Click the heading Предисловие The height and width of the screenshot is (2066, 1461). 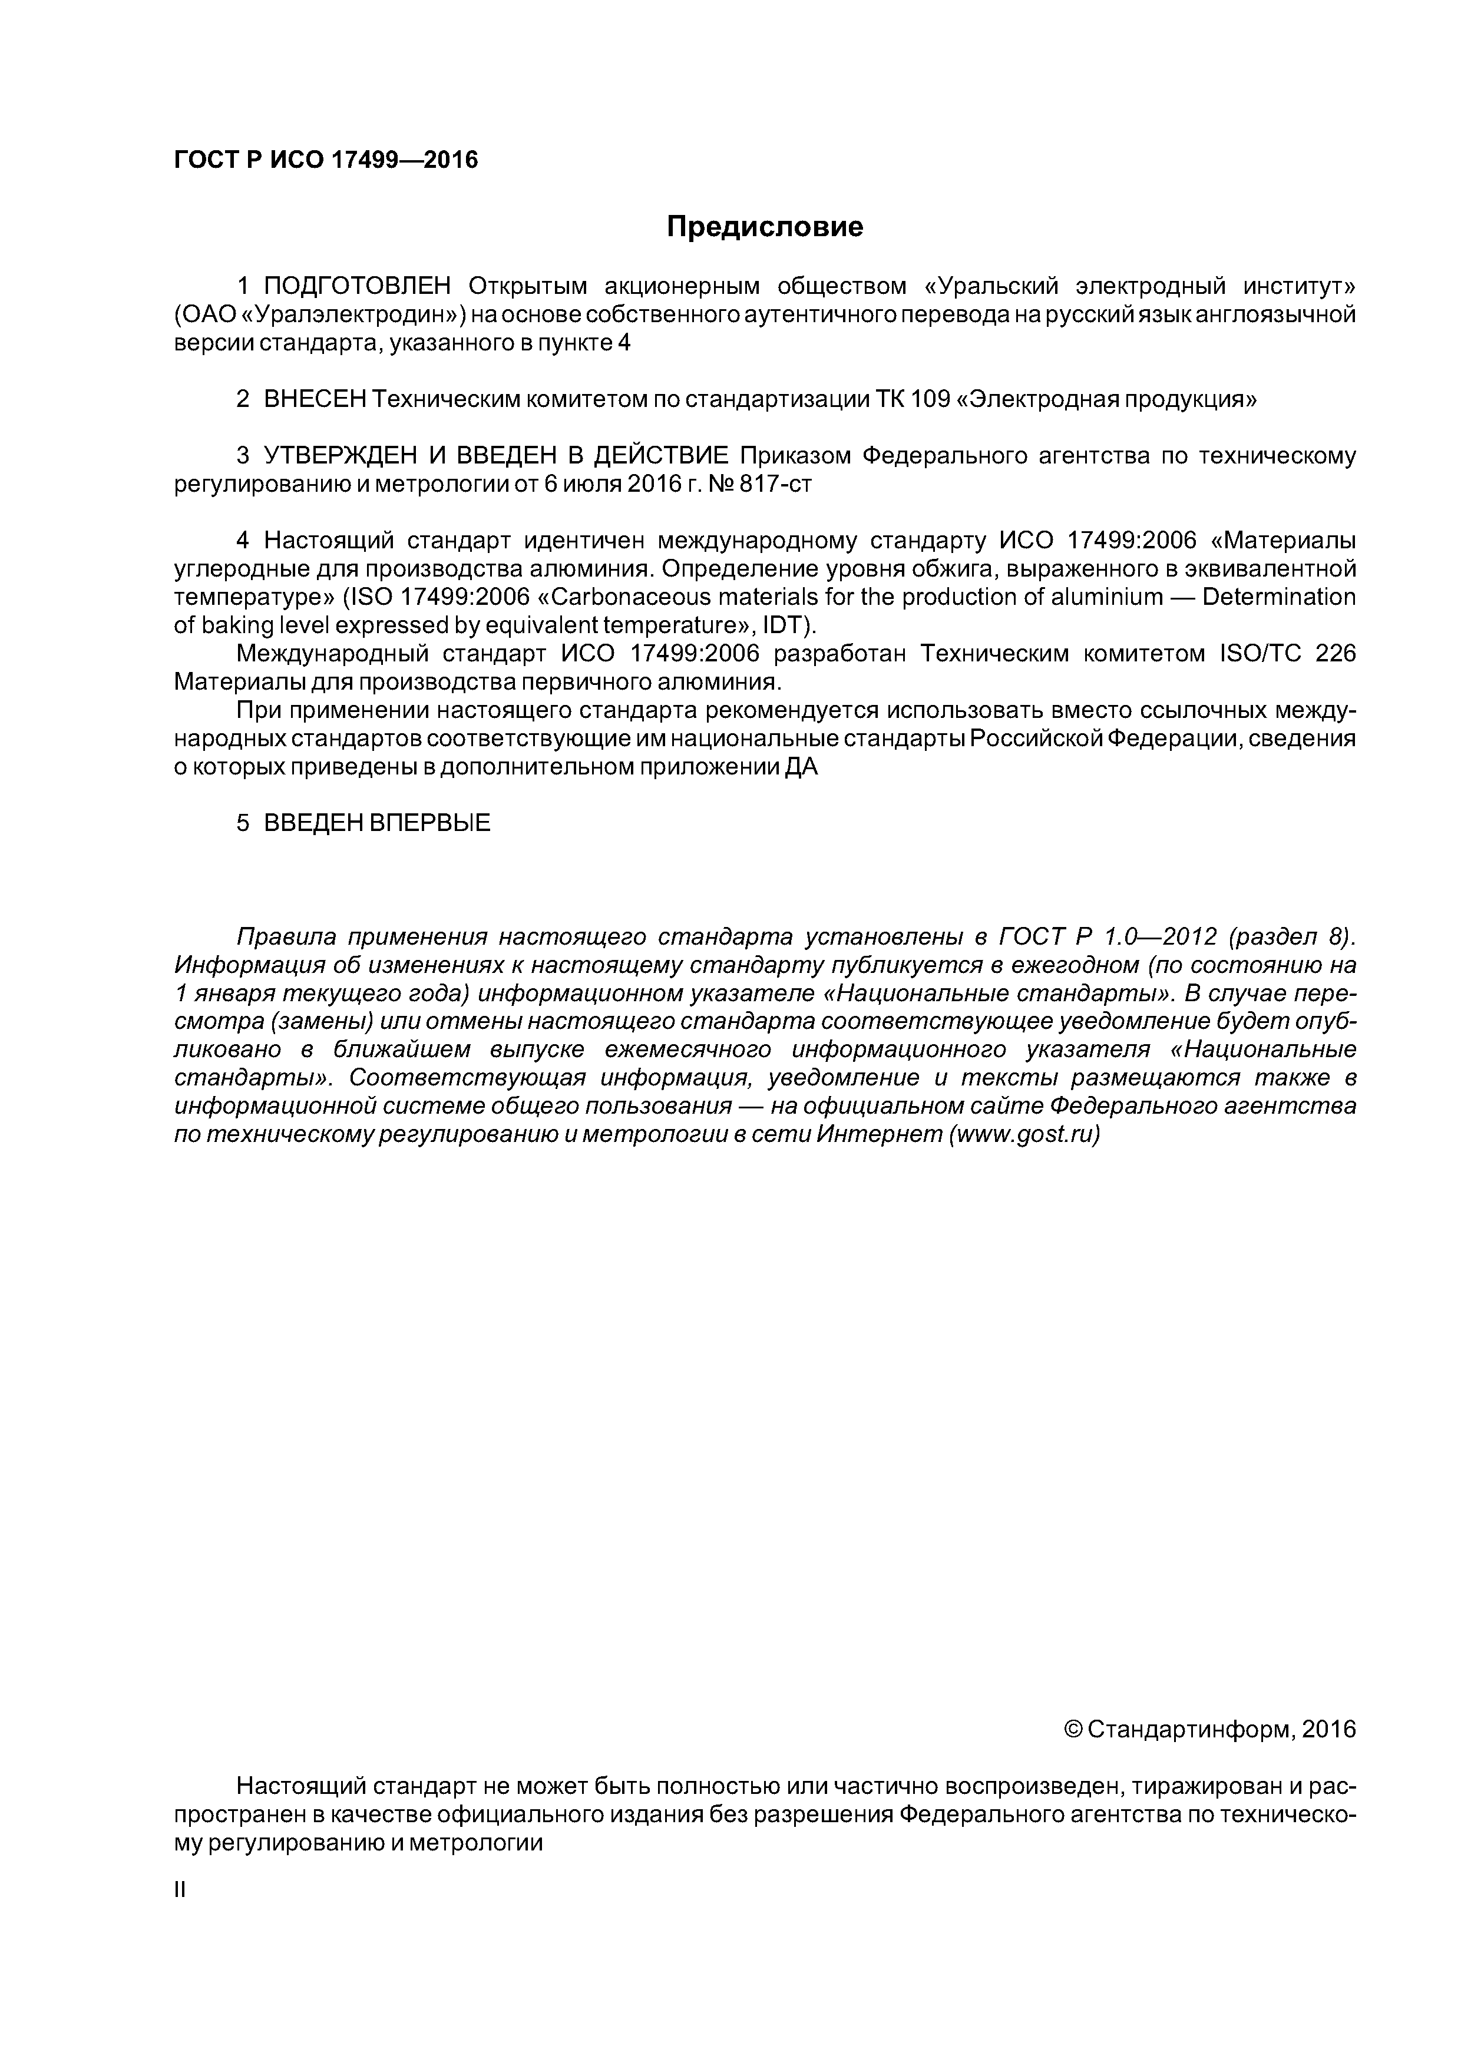[764, 227]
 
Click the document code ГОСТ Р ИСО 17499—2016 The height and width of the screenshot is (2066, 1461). [325, 160]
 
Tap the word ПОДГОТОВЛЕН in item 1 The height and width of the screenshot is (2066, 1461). [356, 286]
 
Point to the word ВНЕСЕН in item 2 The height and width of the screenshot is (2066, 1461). [315, 399]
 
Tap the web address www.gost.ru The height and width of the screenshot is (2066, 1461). [1024, 1135]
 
